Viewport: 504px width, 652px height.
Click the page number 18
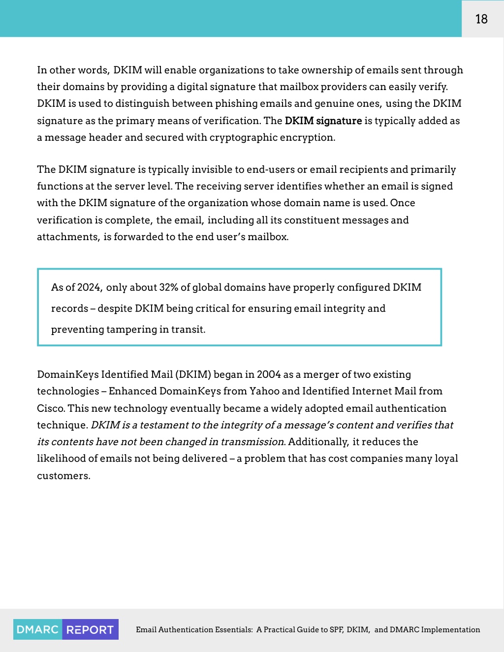(x=481, y=19)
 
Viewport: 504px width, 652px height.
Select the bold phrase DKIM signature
(x=323, y=121)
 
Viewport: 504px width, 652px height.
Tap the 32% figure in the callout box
(x=168, y=287)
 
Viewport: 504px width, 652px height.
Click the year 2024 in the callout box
(x=89, y=287)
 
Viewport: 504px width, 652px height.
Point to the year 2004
(x=269, y=374)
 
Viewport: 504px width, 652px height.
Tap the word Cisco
(x=51, y=408)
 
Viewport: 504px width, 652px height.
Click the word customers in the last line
(x=63, y=476)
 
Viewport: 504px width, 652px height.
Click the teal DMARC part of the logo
(x=38, y=629)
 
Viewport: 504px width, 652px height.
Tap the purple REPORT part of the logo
(x=90, y=629)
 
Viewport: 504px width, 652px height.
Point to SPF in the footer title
(x=336, y=629)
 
